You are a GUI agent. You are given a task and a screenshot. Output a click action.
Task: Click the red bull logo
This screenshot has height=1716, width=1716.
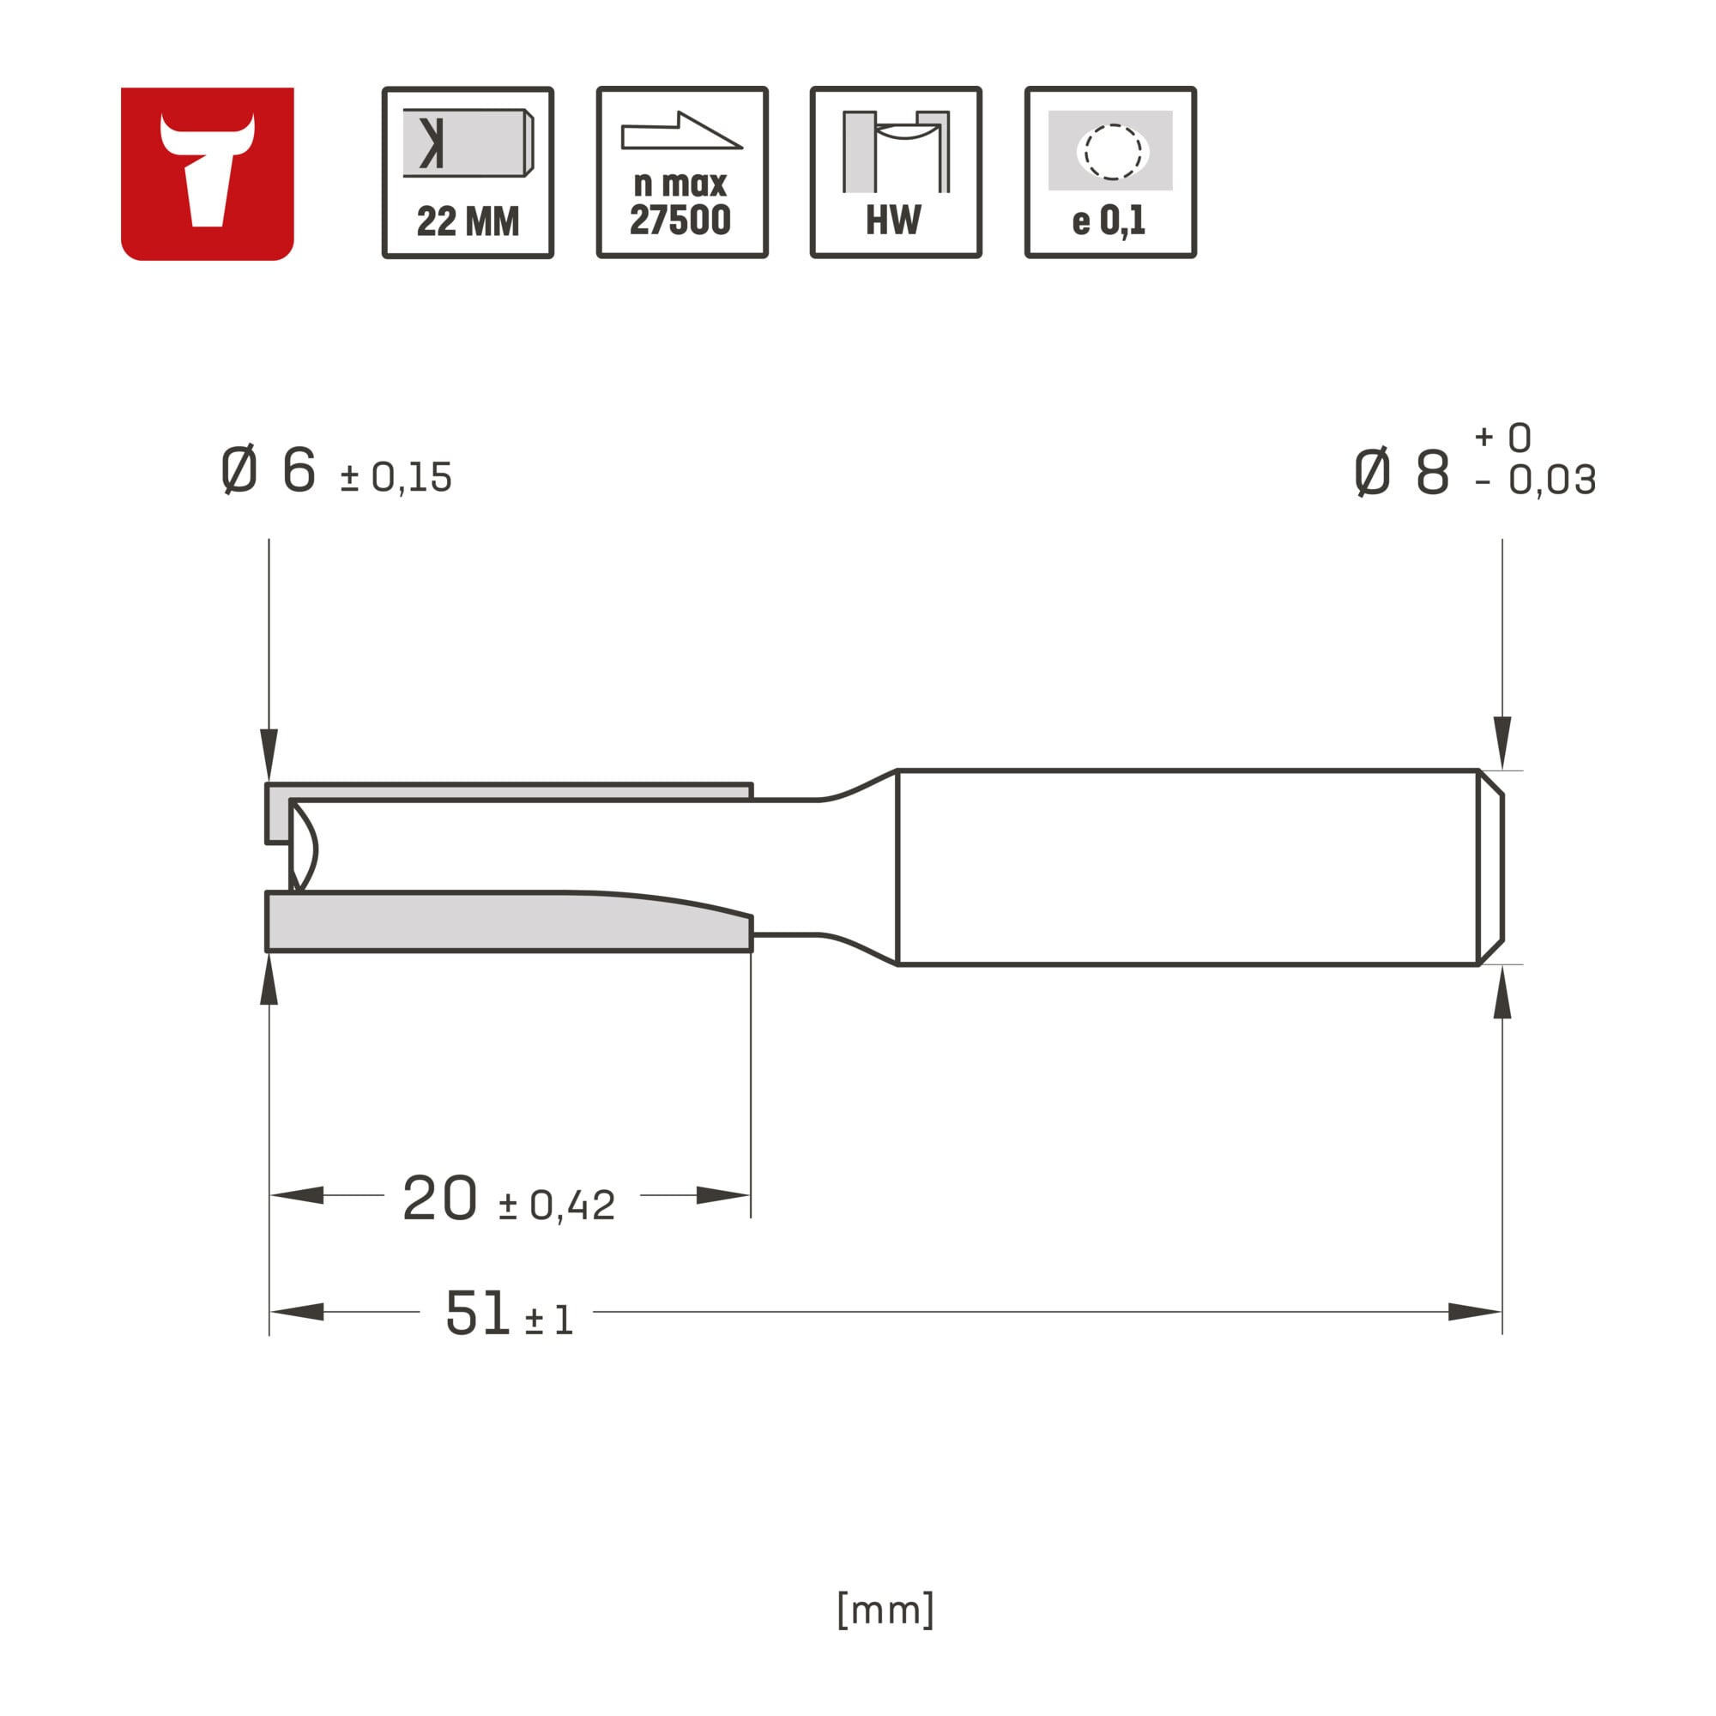pos(207,174)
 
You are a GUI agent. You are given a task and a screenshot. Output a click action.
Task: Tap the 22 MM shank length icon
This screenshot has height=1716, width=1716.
pos(468,172)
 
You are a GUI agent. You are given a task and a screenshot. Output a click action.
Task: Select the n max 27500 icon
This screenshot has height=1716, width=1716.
pos(682,172)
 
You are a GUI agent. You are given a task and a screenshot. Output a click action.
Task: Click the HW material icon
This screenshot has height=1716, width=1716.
pos(897,172)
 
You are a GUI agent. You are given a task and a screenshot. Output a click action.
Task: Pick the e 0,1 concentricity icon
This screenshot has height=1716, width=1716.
pos(1110,172)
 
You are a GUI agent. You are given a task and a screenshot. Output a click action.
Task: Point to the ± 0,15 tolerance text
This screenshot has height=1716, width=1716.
pos(396,478)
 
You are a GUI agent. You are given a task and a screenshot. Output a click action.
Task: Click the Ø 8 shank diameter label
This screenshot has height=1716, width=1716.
pos(1402,472)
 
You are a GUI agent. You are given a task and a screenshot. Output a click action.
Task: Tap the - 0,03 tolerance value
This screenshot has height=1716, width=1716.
pos(1535,480)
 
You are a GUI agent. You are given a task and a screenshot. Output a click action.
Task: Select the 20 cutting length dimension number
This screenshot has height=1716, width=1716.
pos(439,1198)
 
